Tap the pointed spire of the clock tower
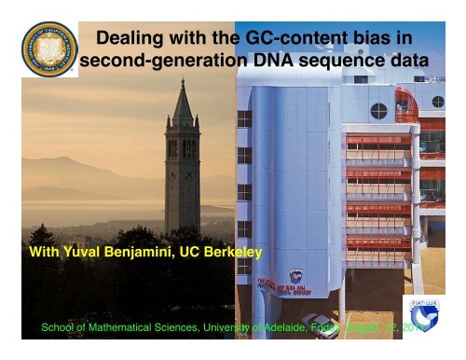coord(183,98)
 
